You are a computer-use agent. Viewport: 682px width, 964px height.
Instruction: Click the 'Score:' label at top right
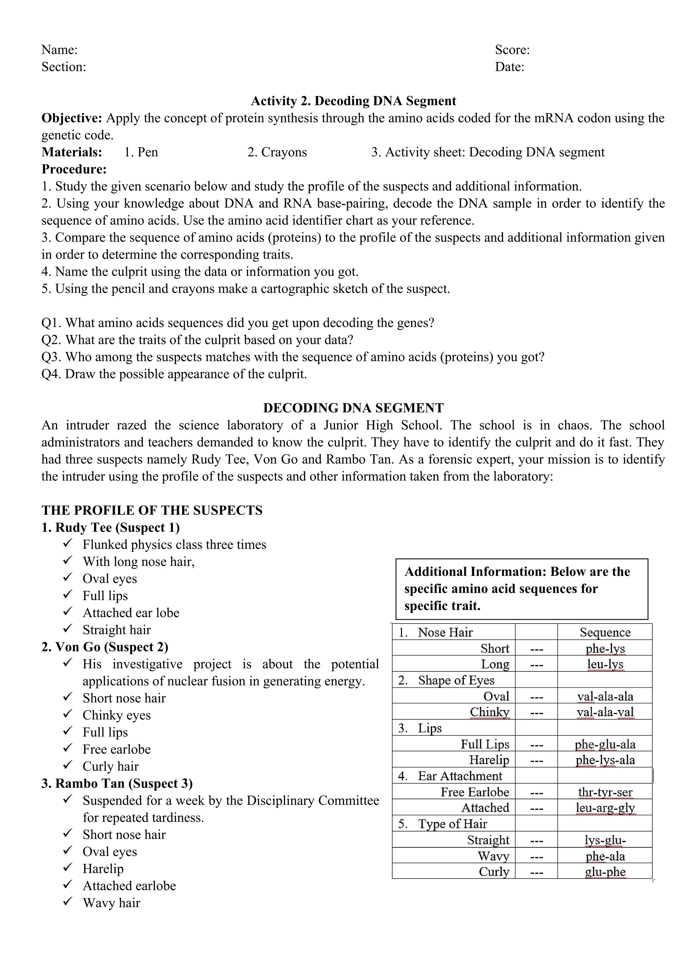click(x=512, y=50)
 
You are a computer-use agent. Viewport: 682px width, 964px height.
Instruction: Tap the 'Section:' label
click(x=63, y=67)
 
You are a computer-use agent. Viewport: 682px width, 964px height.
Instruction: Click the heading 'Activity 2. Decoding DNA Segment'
click(x=353, y=101)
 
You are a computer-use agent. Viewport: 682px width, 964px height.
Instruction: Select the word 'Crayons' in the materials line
click(x=283, y=152)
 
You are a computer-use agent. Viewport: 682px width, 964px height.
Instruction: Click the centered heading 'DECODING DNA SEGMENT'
click(x=353, y=408)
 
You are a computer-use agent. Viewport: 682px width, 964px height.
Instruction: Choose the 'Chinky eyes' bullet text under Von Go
click(x=116, y=715)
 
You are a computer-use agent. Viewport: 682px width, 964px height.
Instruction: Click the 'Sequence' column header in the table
click(x=605, y=632)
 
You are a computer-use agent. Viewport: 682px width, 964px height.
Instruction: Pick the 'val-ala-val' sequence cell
click(x=605, y=712)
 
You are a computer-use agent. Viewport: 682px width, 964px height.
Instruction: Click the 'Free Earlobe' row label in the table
click(x=475, y=792)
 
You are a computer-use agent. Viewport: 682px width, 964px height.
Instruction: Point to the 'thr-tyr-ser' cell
click(x=605, y=792)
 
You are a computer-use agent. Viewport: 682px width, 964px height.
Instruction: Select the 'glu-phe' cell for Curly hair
click(x=605, y=872)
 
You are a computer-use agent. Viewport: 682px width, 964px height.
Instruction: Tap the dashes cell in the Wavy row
click(x=536, y=856)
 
